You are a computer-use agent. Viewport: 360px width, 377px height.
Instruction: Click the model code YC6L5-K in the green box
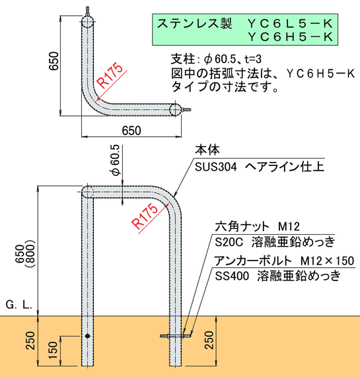pyautogui.click(x=290, y=23)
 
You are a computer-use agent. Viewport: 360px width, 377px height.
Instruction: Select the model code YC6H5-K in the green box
pyautogui.click(x=290, y=37)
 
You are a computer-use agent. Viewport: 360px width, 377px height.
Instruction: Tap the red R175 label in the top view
pyautogui.click(x=111, y=75)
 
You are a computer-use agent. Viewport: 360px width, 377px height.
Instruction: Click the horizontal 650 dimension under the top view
pyautogui.click(x=131, y=131)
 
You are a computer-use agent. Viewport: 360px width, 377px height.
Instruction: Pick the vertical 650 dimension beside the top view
pyautogui.click(x=54, y=61)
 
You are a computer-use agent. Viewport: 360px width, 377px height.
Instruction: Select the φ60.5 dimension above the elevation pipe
pyautogui.click(x=116, y=160)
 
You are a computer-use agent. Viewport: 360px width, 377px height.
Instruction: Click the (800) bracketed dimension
pyautogui.click(x=31, y=254)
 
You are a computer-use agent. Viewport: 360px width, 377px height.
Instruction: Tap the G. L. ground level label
pyautogui.click(x=19, y=305)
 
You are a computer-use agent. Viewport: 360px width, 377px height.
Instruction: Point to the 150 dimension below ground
pyautogui.click(x=53, y=350)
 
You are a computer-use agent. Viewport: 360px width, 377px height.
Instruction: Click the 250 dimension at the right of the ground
pyautogui.click(x=209, y=340)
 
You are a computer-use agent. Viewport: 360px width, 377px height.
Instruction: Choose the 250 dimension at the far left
pyautogui.click(x=30, y=341)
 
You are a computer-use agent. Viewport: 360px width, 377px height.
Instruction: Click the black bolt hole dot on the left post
pyautogui.click(x=88, y=336)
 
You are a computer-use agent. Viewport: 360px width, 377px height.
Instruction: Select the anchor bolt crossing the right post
pyautogui.click(x=176, y=335)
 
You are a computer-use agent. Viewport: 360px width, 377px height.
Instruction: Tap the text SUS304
pyautogui.click(x=215, y=167)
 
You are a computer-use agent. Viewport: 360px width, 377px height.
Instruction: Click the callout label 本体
pyautogui.click(x=207, y=149)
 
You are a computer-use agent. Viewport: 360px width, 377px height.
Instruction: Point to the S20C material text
pyautogui.click(x=229, y=242)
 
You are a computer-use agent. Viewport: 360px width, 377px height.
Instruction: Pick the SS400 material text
pyautogui.click(x=232, y=276)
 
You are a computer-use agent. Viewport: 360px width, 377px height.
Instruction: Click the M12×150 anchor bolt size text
pyautogui.click(x=328, y=261)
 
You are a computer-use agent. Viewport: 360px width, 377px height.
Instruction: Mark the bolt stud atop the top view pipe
pyautogui.click(x=88, y=11)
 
